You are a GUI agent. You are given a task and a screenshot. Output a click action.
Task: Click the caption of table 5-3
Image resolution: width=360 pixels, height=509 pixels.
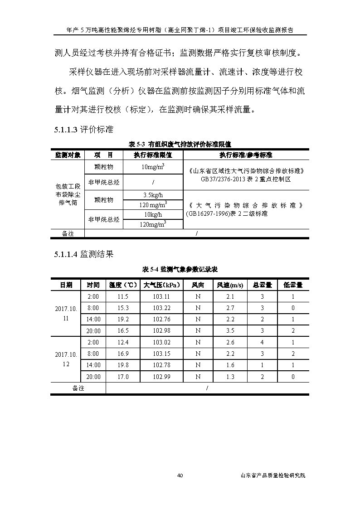point(180,144)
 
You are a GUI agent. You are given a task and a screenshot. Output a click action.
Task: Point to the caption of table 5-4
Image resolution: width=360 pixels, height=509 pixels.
point(180,269)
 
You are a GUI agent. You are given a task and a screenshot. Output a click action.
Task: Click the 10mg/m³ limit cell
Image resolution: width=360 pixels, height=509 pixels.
point(153,167)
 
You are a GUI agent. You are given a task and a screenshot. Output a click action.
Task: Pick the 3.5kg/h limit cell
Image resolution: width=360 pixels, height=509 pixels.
point(153,195)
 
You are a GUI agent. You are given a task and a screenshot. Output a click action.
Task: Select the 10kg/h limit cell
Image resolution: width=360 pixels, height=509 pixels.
point(153,214)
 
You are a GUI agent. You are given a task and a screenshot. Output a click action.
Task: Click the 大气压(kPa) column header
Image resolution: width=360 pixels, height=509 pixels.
point(161,285)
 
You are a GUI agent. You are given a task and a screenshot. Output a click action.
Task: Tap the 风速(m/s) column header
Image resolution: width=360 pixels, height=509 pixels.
point(230,285)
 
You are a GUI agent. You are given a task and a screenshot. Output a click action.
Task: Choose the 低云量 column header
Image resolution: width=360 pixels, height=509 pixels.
point(293,285)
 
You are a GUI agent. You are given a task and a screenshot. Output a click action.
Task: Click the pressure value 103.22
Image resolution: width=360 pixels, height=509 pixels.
point(161,308)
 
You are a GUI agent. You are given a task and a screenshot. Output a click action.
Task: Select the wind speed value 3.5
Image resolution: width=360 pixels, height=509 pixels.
point(230,331)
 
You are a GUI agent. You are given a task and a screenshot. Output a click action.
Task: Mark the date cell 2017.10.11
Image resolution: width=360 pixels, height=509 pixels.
point(66,314)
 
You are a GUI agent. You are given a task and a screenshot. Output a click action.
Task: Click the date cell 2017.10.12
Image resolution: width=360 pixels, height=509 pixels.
point(66,359)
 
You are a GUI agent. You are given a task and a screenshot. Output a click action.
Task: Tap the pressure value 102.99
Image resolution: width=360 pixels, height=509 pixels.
point(161,377)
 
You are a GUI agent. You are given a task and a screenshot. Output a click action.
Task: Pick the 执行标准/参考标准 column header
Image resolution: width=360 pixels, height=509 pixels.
point(246,155)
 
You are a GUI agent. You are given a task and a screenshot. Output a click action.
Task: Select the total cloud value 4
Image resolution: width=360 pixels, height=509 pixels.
point(262,342)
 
